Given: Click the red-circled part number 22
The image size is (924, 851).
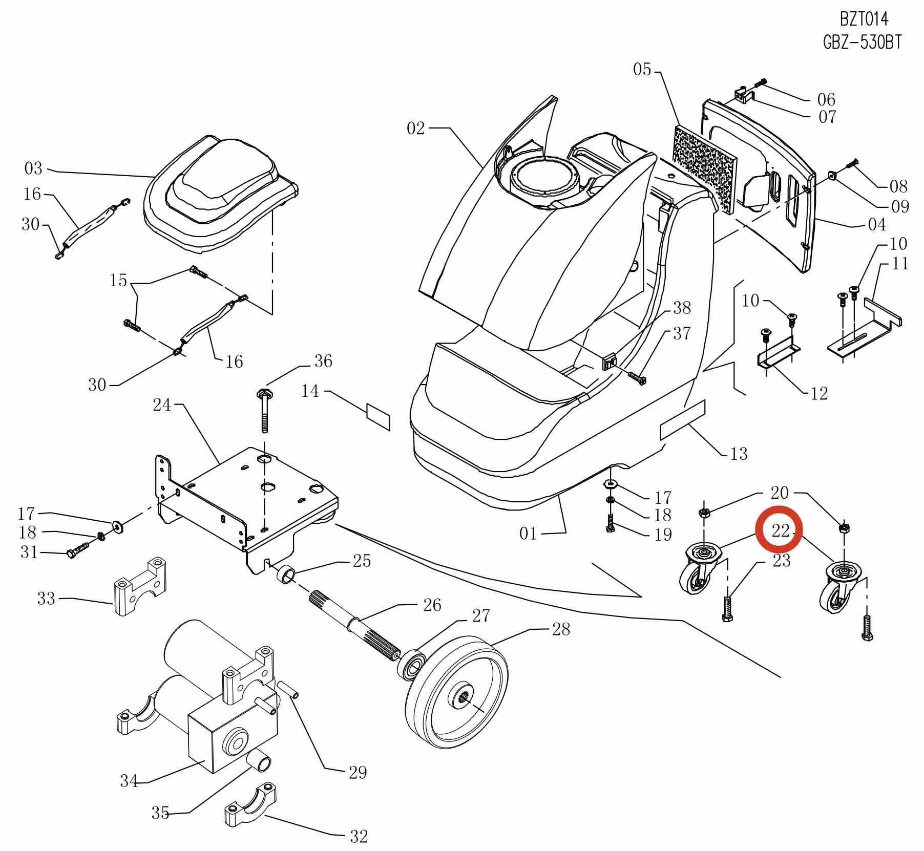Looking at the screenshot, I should coord(780,531).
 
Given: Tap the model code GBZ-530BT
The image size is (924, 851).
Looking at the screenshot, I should coord(862,42).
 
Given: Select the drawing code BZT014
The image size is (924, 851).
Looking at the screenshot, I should coord(864,19).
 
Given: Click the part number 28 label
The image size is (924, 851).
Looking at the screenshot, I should coord(561,629).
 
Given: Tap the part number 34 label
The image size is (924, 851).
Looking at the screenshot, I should coord(129,780).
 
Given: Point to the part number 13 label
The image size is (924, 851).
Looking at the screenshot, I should coord(739,454).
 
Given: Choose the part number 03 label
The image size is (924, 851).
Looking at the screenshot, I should coord(33,168).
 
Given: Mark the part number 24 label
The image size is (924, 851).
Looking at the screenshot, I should coord(162,405).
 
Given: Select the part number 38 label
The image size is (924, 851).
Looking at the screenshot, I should coord(682,308).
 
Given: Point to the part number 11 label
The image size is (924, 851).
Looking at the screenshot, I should coord(900,263).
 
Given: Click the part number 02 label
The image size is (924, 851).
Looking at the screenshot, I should coord(415,128).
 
